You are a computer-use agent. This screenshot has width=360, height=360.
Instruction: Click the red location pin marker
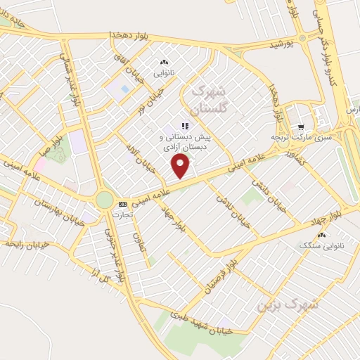181,166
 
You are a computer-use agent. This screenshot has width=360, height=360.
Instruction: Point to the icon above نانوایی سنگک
322,235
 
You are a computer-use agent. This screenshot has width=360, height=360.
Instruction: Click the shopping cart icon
301,127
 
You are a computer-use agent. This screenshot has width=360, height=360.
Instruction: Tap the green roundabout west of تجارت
104,200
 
